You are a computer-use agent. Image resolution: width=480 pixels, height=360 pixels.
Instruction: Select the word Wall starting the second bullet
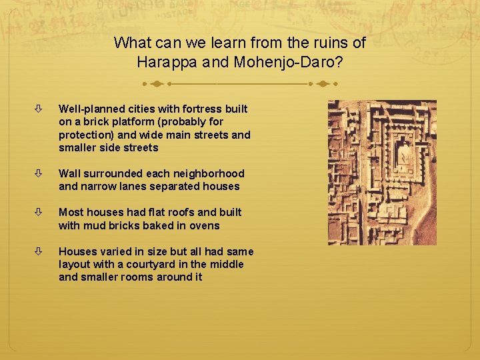[x=70, y=173]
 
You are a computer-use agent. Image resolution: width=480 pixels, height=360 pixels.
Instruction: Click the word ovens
[x=205, y=225]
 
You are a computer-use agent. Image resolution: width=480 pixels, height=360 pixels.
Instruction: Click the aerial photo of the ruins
[x=381, y=172]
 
